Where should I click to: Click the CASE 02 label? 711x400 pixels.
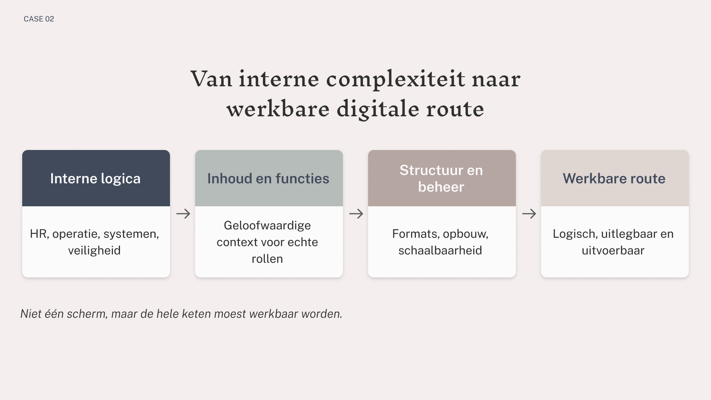pyautogui.click(x=39, y=19)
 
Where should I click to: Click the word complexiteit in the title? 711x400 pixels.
pyautogui.click(x=395, y=79)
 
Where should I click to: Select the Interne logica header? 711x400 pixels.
pyautogui.click(x=96, y=179)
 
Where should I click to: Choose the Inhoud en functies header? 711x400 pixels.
pyautogui.click(x=268, y=179)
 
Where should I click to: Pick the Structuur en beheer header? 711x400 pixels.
pyautogui.click(x=441, y=179)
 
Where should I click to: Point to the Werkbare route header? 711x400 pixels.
pyautogui.click(x=614, y=179)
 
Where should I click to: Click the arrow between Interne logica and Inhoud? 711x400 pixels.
pyautogui.click(x=183, y=214)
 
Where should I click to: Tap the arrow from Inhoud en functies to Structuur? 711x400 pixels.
pyautogui.click(x=356, y=214)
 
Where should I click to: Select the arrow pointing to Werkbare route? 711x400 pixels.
pyautogui.click(x=529, y=214)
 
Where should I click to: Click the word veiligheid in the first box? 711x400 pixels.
pyautogui.click(x=94, y=251)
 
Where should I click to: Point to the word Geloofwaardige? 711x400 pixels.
pyautogui.click(x=267, y=226)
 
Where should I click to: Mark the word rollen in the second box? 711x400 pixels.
pyautogui.click(x=267, y=259)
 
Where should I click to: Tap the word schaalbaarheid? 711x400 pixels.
pyautogui.click(x=440, y=251)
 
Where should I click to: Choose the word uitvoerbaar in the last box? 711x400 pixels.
pyautogui.click(x=613, y=251)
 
